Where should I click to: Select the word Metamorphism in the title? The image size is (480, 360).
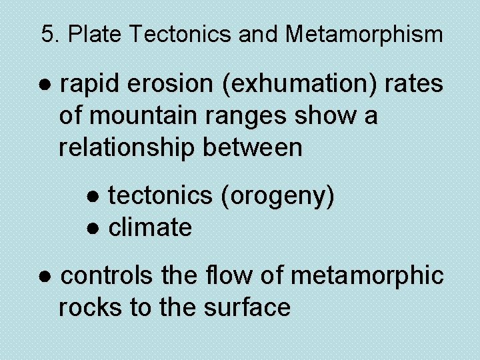pyautogui.click(x=364, y=34)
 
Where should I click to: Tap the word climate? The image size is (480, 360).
pyautogui.click(x=150, y=228)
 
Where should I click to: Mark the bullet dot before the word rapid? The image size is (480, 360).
pyautogui.click(x=45, y=85)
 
